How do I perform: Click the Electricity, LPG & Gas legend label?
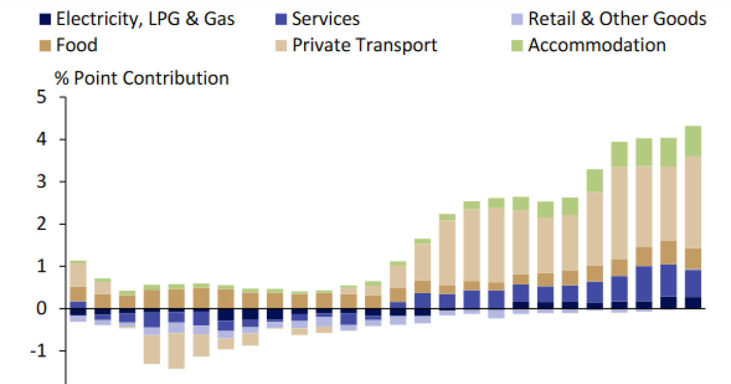coord(145,18)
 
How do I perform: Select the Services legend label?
coord(325,18)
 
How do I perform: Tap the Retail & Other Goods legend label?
coord(617,18)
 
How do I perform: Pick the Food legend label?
coord(76,45)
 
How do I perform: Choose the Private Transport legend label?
coord(364,45)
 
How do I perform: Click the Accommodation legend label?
coord(596,45)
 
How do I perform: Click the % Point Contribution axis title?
coord(142,78)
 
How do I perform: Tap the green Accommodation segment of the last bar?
coord(693,141)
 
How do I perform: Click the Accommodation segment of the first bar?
coord(77,261)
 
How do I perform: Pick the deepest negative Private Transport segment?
coord(177,350)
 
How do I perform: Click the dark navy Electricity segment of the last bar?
coord(693,303)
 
